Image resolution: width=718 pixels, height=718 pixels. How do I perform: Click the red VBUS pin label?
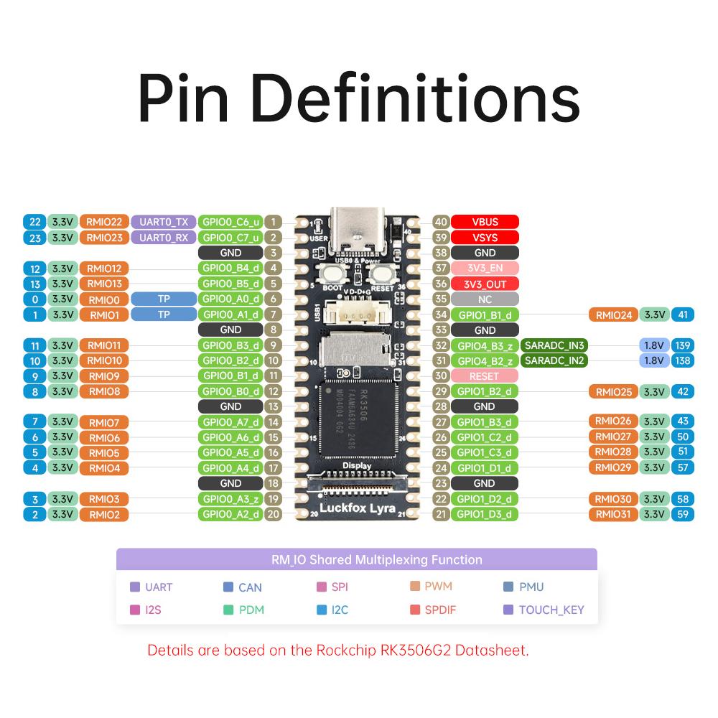[485, 222]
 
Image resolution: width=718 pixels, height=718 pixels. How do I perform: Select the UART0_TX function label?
[163, 222]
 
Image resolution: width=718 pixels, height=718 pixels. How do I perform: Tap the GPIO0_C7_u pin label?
[230, 238]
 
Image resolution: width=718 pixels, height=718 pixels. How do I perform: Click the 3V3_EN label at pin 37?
[485, 268]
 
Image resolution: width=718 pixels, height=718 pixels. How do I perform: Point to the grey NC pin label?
[485, 299]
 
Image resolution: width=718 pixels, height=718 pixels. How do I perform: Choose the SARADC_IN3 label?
[554, 345]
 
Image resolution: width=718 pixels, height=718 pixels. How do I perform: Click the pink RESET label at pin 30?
[485, 376]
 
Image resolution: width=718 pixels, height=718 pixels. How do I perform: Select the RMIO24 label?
[613, 314]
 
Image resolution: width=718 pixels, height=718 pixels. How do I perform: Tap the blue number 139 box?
[682, 345]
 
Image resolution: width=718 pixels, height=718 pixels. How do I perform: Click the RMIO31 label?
[613, 514]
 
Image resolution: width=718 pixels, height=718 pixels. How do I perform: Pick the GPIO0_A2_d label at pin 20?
[230, 514]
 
